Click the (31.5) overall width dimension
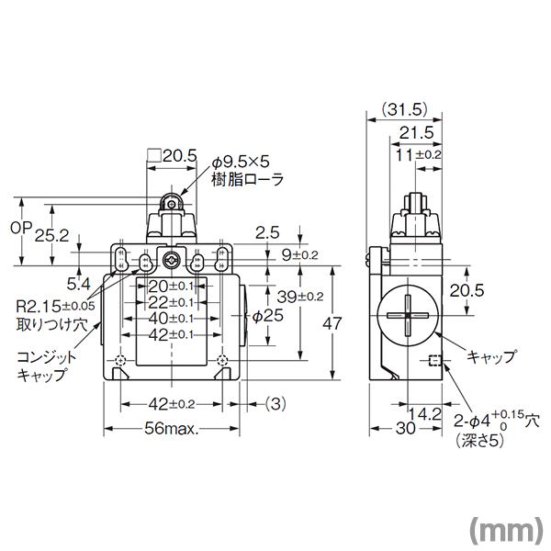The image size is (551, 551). pyautogui.click(x=404, y=109)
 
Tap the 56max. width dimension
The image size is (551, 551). pyautogui.click(x=171, y=428)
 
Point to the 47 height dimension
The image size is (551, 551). pyautogui.click(x=332, y=323)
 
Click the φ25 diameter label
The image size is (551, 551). pyautogui.click(x=267, y=316)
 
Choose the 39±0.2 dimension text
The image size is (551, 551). pyautogui.click(x=300, y=297)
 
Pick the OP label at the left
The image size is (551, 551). pyautogui.click(x=21, y=228)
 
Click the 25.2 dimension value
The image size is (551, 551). pyautogui.click(x=51, y=236)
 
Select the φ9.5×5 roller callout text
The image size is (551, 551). pyautogui.click(x=241, y=162)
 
